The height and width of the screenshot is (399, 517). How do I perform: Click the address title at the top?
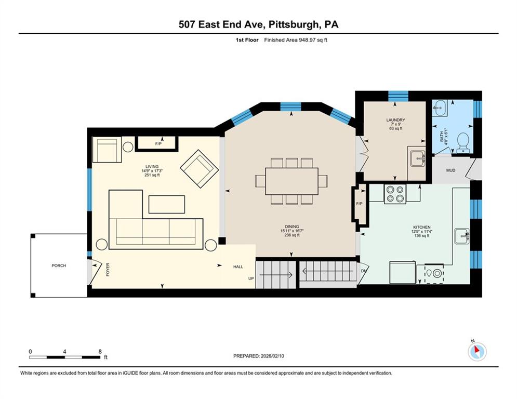tap(258, 24)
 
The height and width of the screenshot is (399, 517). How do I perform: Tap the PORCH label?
tap(59, 265)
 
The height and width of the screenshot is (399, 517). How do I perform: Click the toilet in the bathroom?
tap(462, 141)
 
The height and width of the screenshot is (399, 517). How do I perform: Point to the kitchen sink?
tap(461, 236)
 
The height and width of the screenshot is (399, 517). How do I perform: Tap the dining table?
tap(291, 181)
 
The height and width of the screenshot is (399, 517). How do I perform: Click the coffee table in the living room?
tap(166, 204)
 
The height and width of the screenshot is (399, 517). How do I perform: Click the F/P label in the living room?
tap(157, 143)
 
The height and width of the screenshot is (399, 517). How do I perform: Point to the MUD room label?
tap(450, 170)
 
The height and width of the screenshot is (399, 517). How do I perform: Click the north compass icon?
tap(476, 352)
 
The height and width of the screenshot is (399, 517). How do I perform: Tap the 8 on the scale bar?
tap(100, 351)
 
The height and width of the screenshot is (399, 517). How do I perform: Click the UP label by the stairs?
tap(251, 278)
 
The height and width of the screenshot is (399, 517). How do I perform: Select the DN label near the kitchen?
tap(364, 271)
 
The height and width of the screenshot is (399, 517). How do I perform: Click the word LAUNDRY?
tap(395, 120)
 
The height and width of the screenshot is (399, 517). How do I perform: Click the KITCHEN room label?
tap(422, 228)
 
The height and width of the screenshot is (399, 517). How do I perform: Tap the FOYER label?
tap(108, 269)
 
